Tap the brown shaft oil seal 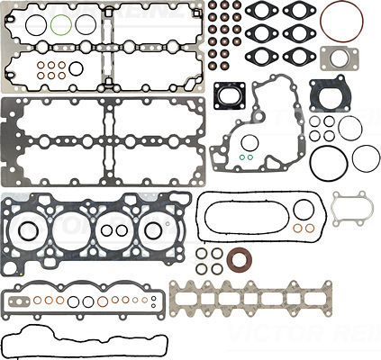coord(240,262)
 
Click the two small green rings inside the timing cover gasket coord(244,160)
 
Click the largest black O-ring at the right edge coord(365,157)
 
